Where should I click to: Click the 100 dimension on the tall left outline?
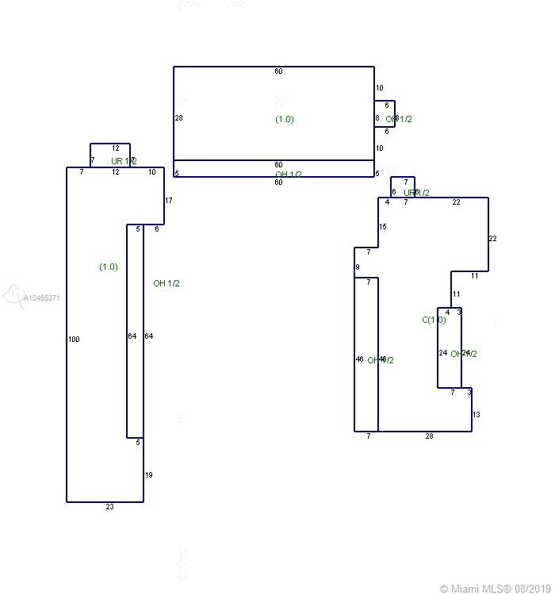pos(74,340)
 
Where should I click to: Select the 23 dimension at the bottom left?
pos(109,507)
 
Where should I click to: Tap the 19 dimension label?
pos(148,475)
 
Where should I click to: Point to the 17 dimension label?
pos(169,201)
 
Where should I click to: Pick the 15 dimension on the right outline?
pos(383,227)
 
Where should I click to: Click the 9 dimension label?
pos(358,267)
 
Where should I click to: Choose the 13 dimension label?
pos(477,415)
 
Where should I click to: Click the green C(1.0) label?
pos(434,321)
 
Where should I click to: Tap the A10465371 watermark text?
pos(41,298)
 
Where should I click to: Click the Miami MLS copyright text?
pos(496,589)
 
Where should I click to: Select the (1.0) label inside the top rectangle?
pos(285,119)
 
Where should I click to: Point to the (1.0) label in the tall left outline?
pos(109,267)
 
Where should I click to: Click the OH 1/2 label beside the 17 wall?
pos(166,283)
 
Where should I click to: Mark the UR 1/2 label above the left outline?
pos(124,161)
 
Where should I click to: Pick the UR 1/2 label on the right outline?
pos(416,193)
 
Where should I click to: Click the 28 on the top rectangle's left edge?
pos(178,118)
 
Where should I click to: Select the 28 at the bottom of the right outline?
pos(429,436)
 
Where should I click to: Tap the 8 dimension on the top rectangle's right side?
pos(377,119)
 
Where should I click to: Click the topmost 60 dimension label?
pos(278,71)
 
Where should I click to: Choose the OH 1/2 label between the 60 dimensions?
pos(289,175)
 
